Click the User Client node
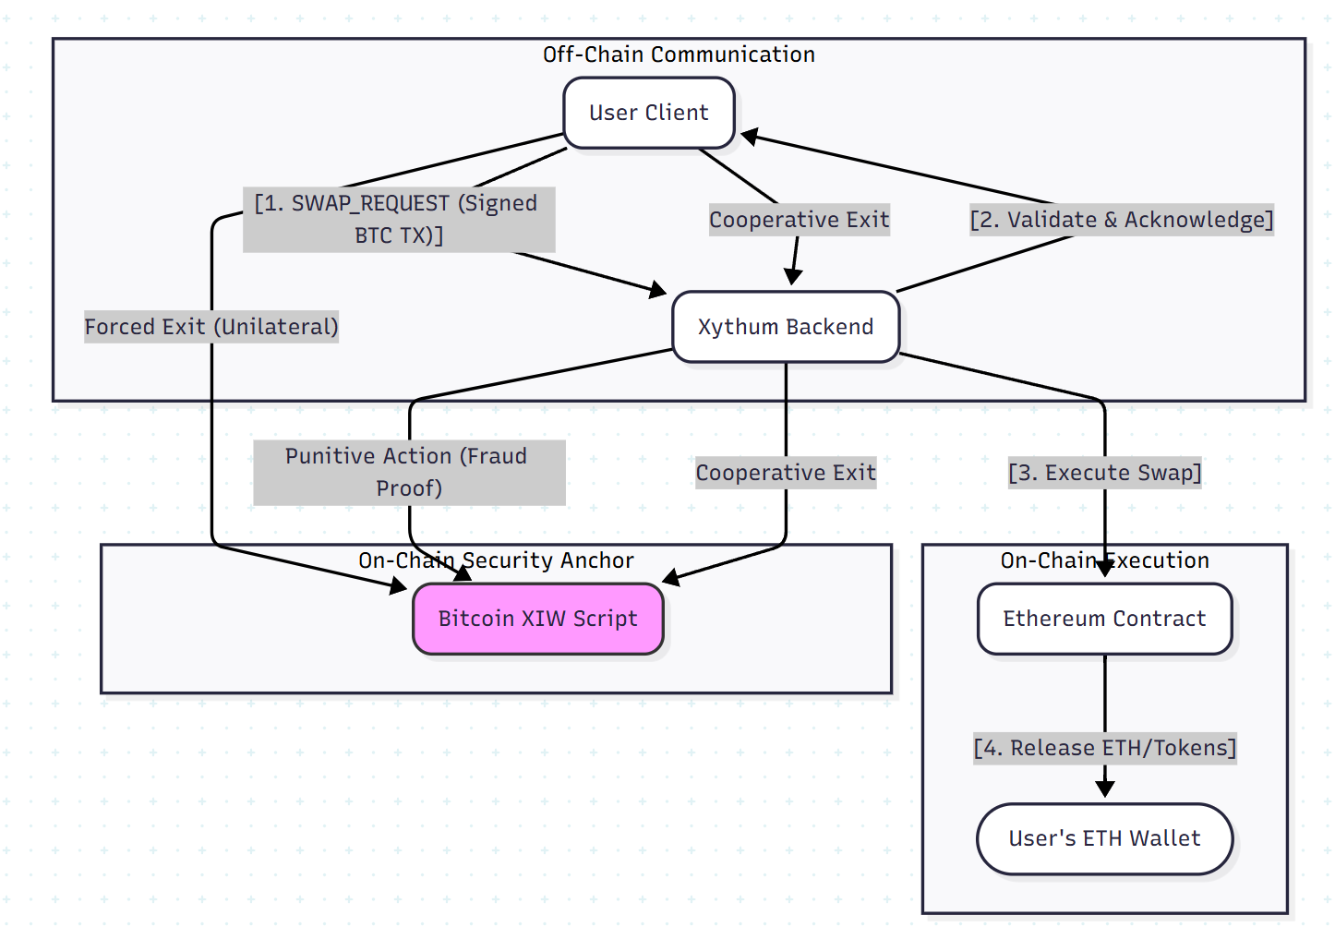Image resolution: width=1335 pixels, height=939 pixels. click(x=649, y=113)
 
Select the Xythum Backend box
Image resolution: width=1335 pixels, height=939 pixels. click(x=786, y=327)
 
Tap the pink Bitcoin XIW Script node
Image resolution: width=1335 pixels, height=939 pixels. click(x=537, y=619)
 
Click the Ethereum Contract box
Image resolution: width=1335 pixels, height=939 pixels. click(x=1104, y=619)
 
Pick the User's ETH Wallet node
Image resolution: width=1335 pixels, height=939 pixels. click(x=1104, y=838)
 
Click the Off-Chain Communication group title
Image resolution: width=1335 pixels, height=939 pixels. click(x=679, y=54)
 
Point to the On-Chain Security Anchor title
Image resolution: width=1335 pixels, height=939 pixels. click(x=496, y=560)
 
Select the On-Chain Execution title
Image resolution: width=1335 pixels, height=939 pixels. click(x=1104, y=560)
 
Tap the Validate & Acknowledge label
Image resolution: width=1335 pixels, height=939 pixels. click(x=1121, y=220)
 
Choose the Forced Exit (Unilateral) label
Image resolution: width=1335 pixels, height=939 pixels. click(x=211, y=327)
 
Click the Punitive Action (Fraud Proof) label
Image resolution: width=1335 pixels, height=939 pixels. click(x=409, y=472)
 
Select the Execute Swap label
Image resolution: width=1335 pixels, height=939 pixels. click(x=1104, y=473)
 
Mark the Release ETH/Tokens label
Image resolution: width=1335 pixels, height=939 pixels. click(x=1104, y=748)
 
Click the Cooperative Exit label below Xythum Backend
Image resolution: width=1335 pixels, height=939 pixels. click(x=786, y=473)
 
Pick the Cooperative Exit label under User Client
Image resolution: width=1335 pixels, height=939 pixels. click(x=799, y=220)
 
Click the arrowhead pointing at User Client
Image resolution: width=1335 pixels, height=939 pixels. click(x=750, y=137)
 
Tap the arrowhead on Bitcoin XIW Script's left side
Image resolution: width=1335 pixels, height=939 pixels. click(x=398, y=585)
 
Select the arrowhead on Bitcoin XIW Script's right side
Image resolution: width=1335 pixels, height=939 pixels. click(x=671, y=578)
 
